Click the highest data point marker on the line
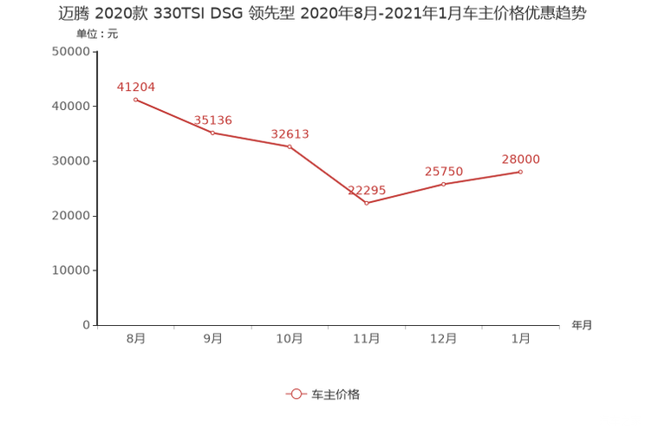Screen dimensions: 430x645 [135, 100]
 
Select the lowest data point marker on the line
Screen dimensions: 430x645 [367, 202]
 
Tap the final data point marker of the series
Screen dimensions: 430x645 [521, 172]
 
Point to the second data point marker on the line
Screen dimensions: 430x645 [212, 132]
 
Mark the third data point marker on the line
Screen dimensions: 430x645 [290, 146]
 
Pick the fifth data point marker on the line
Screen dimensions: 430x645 [444, 184]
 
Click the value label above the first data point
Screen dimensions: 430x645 [135, 86]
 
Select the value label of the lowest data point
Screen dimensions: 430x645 [366, 189]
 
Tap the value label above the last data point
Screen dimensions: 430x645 [521, 159]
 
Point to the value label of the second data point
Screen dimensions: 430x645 [213, 120]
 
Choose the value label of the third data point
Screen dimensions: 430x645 [290, 134]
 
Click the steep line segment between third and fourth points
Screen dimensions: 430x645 [328, 173]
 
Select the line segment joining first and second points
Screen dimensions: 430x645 [173, 115]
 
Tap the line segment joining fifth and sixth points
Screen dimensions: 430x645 [482, 178]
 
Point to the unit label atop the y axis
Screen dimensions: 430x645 [95, 35]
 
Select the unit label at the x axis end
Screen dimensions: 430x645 [581, 325]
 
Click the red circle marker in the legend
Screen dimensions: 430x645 [296, 394]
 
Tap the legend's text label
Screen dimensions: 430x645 [336, 394]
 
